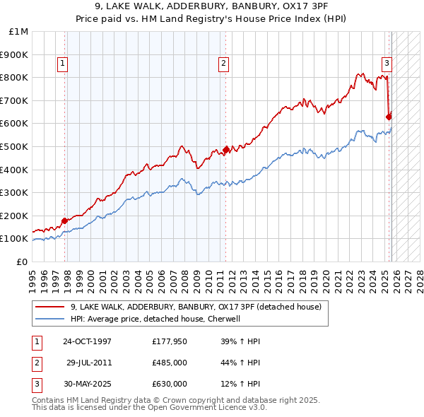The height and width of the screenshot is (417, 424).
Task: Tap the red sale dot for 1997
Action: (64, 221)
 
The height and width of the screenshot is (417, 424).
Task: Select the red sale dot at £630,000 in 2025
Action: (389, 117)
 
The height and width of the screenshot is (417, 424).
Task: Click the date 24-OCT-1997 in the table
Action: (87, 341)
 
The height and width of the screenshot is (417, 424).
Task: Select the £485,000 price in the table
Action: (169, 363)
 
